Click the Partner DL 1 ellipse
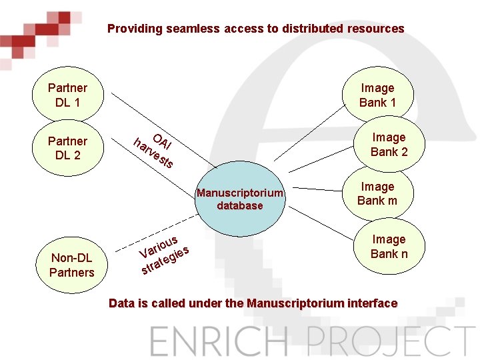pos(68,95)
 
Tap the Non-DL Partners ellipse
pos(72,265)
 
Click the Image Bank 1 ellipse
pos(377,95)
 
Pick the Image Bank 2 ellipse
pos(389,144)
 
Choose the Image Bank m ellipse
pos(377,193)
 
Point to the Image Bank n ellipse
pos(389,246)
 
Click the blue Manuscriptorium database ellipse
pos(240,199)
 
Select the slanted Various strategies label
pos(164,255)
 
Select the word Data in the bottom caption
pos(121,303)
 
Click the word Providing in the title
pos(131,29)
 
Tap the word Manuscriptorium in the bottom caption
pos(291,303)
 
